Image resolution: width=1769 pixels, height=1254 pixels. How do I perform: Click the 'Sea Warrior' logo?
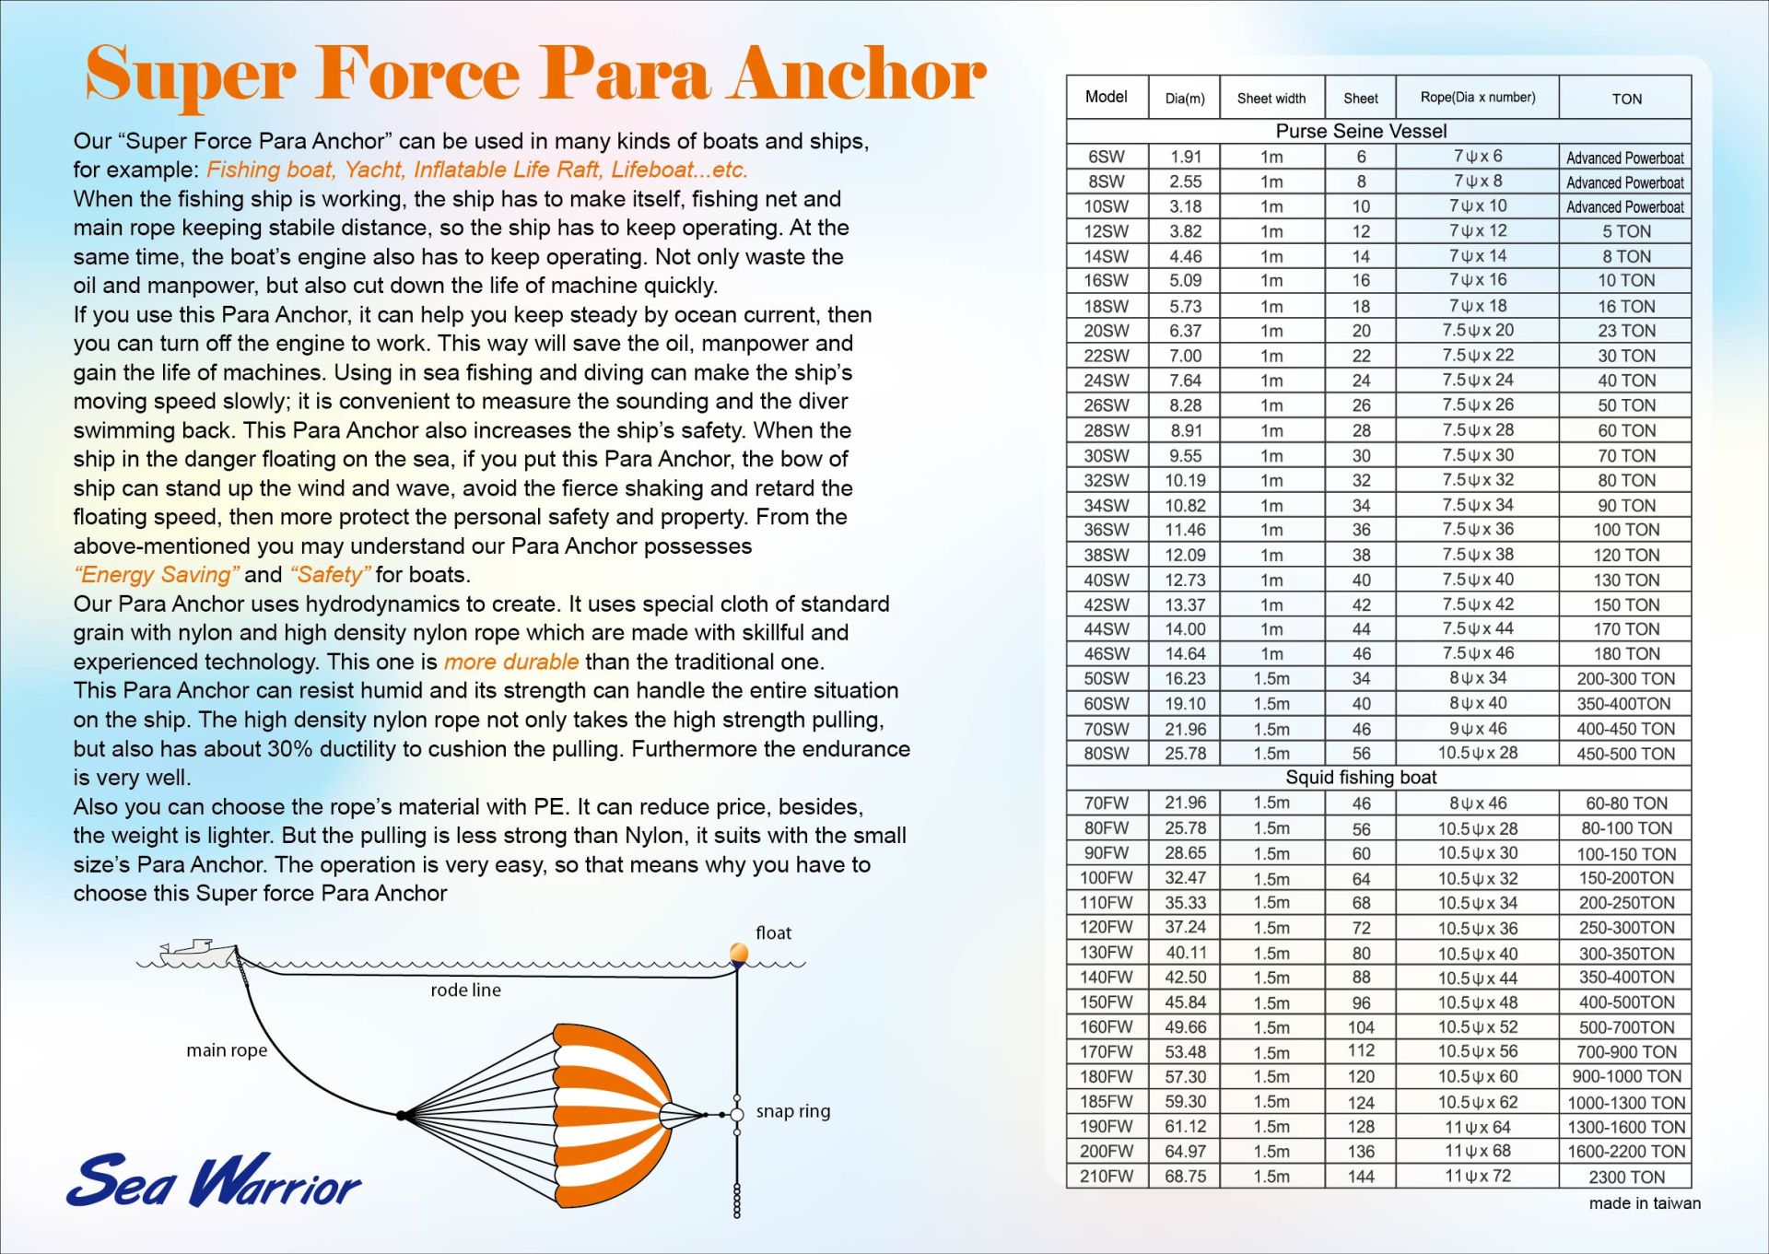click(214, 1179)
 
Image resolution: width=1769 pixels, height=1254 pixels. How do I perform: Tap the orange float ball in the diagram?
click(739, 953)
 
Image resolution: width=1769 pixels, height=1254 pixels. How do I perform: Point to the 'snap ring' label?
click(793, 1111)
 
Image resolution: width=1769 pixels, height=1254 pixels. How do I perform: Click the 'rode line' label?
click(466, 990)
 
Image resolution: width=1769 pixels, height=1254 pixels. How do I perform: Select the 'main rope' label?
click(227, 1050)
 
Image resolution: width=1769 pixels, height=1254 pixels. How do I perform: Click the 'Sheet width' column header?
click(1271, 99)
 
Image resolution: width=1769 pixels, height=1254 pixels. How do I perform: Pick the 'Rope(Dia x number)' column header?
click(1478, 97)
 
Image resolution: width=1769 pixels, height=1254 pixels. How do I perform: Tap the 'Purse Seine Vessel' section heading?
click(1361, 131)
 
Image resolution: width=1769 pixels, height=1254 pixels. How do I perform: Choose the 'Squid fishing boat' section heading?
click(1361, 778)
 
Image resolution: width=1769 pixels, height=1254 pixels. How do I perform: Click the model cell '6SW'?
click(1107, 157)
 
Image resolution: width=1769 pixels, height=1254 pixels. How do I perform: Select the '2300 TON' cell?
click(1626, 1177)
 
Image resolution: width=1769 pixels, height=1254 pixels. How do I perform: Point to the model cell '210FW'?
click(1107, 1176)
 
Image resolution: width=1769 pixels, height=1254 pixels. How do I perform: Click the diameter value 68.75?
click(1185, 1176)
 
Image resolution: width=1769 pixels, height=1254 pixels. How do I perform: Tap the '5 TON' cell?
click(1626, 231)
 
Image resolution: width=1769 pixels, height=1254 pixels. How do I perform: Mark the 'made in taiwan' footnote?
click(1645, 1203)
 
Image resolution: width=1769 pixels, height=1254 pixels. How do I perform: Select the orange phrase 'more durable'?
click(511, 662)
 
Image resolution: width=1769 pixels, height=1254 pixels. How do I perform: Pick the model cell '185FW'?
click(1107, 1101)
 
